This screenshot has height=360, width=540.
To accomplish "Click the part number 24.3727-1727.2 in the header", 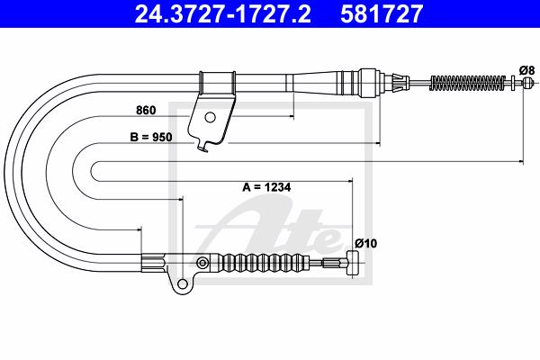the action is [223, 13].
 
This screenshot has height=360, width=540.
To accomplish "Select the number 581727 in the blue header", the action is [382, 13].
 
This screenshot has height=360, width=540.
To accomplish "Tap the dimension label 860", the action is [146, 110].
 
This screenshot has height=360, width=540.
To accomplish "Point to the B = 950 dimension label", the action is [151, 137].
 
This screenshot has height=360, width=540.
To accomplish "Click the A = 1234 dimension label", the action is [266, 187].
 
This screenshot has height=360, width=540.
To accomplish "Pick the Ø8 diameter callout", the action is [526, 70].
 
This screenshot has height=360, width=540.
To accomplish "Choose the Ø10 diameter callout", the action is [365, 244].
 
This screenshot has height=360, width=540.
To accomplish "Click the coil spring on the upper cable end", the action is [468, 83].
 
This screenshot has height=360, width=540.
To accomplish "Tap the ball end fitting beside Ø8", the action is [528, 83].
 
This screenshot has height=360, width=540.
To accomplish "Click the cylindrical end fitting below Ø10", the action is [353, 263].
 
